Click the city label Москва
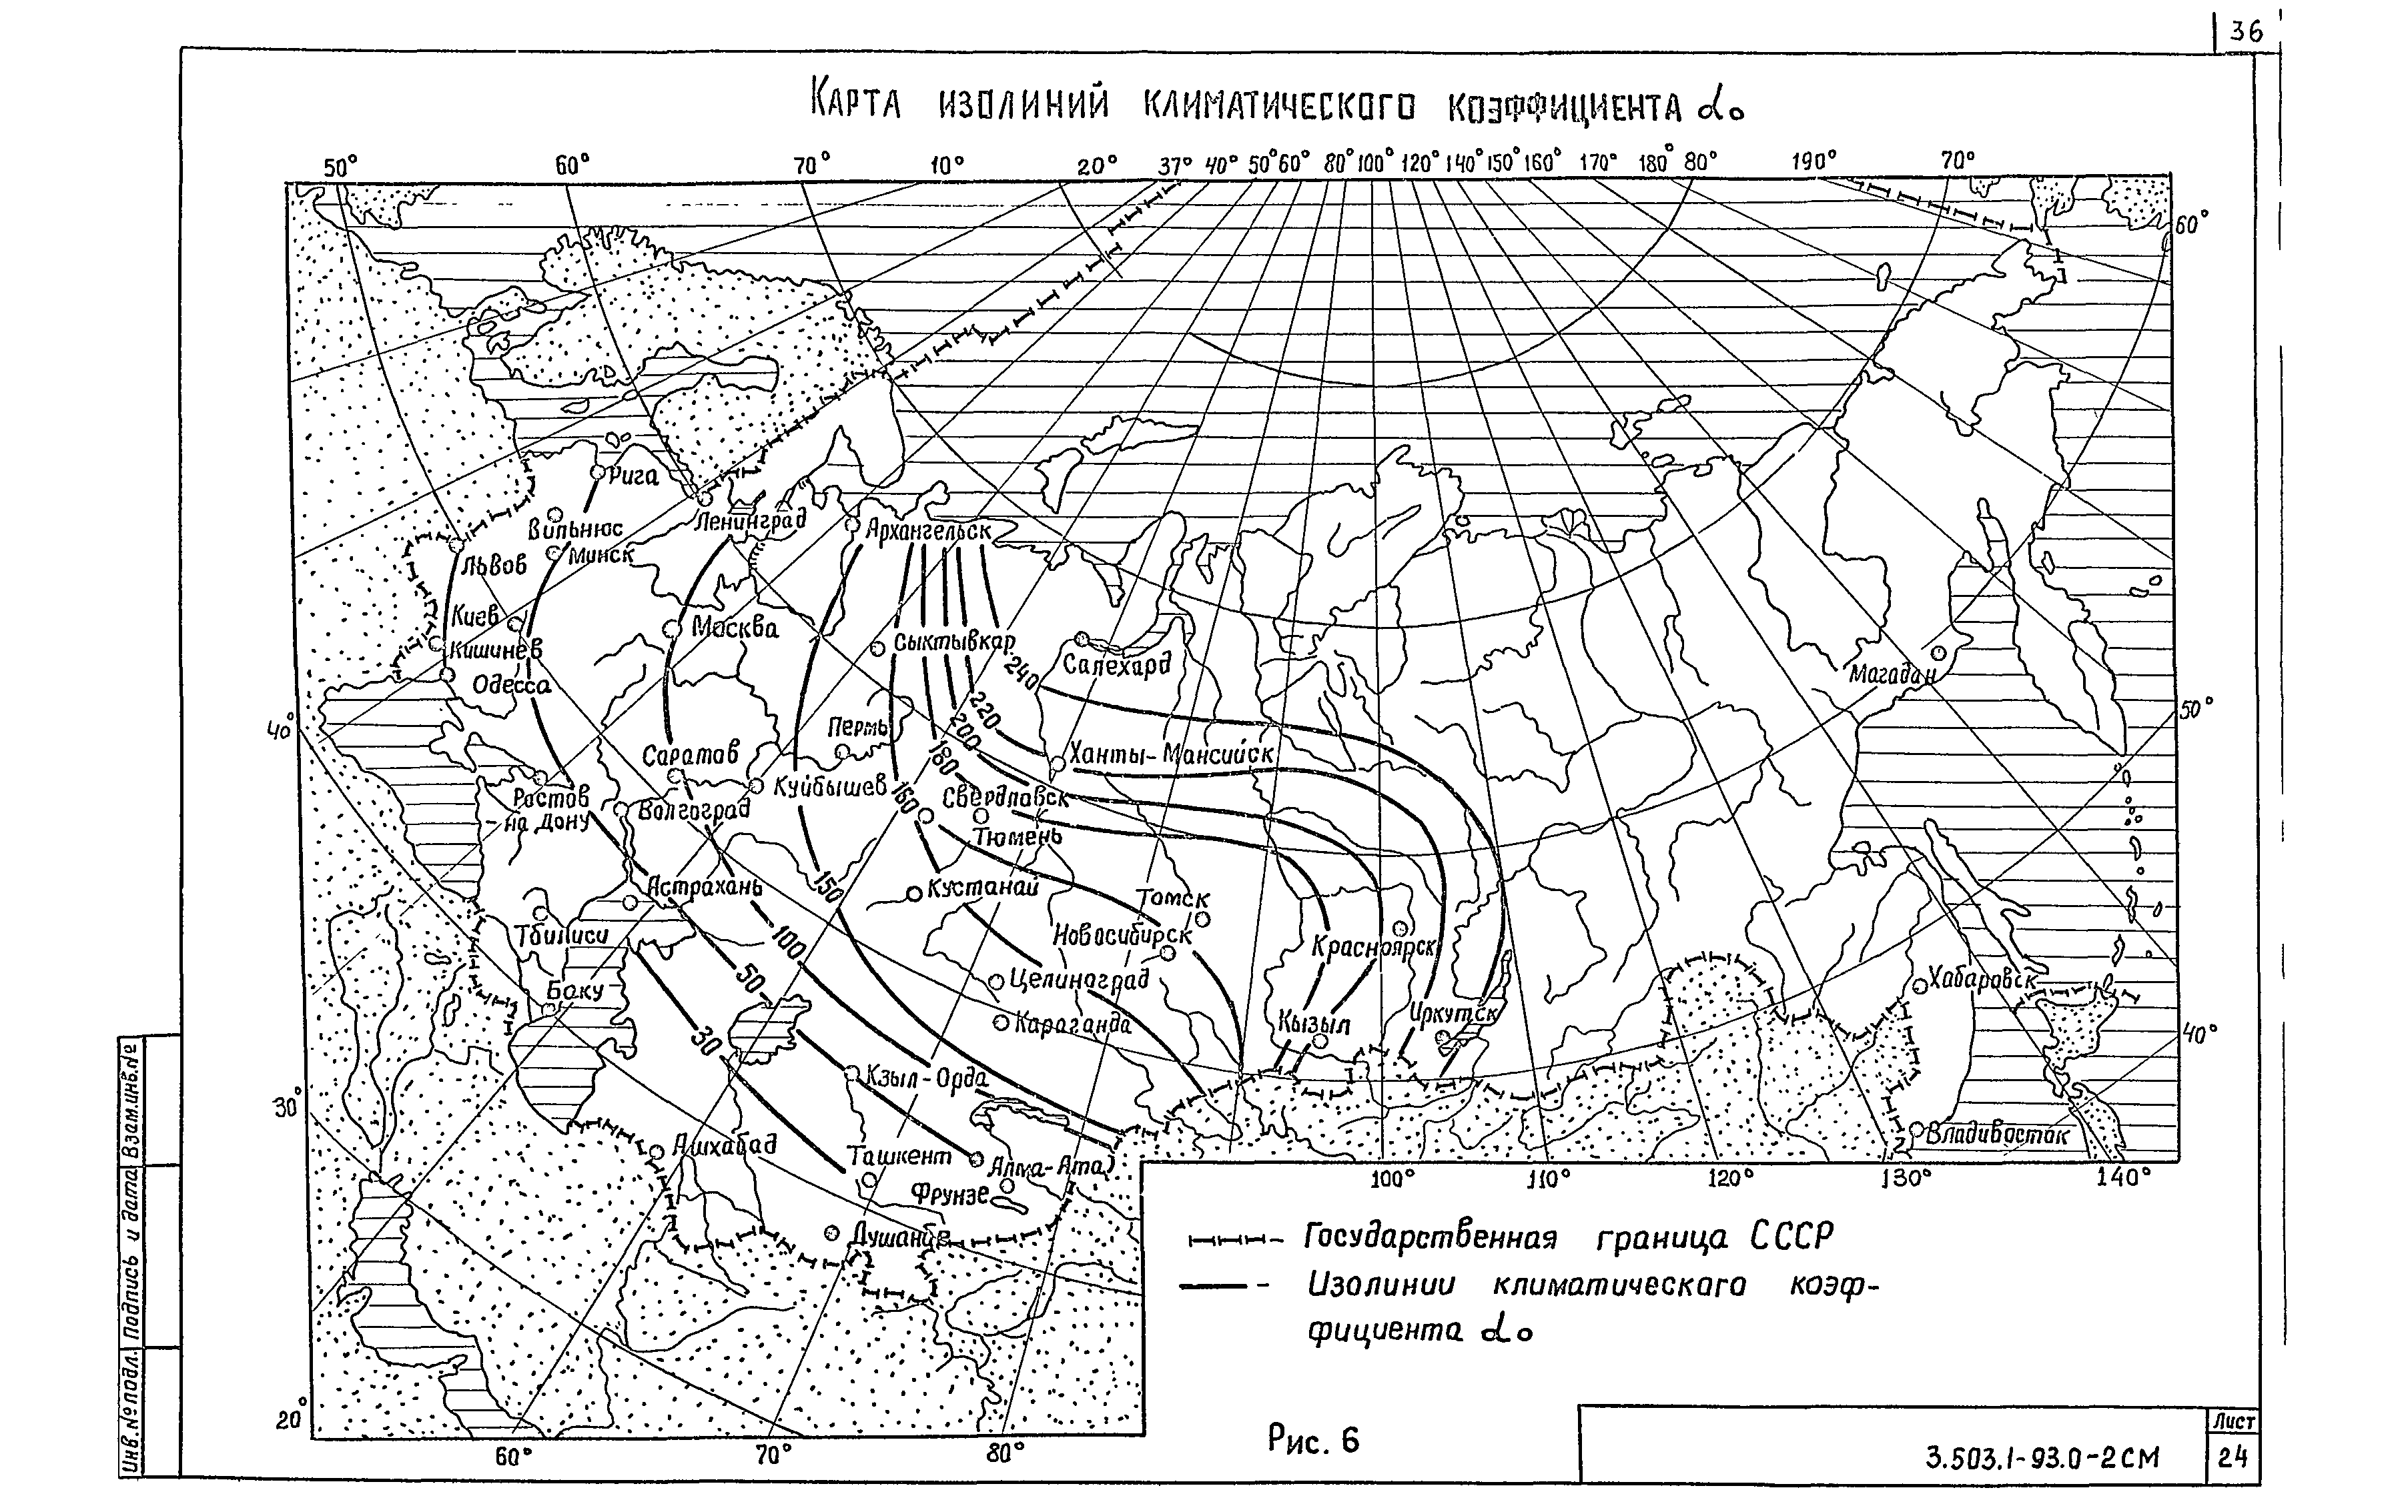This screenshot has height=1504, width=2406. coord(735,629)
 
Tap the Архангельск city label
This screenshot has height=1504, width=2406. coord(927,530)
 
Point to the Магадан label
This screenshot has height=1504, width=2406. coord(1892,674)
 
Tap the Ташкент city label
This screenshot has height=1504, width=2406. coord(899,1155)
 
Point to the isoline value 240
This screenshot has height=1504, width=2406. coord(1022,674)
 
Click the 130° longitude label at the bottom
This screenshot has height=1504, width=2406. coord(1906,1178)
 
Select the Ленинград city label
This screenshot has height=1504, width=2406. coord(750,520)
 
